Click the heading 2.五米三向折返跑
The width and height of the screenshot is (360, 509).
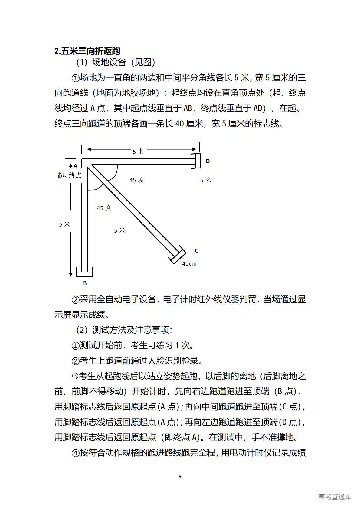[87, 51]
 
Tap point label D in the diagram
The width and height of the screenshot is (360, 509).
[208, 161]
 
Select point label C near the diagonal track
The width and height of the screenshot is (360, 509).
[196, 250]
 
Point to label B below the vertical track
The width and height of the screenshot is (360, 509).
[85, 283]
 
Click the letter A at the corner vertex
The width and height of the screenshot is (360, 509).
[76, 166]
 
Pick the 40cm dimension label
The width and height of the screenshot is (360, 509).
[189, 264]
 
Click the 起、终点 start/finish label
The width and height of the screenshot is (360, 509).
[70, 175]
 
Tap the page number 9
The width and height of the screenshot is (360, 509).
[180, 476]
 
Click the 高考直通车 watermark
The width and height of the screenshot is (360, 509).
[335, 497]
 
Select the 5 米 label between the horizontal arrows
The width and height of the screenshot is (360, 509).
[138, 151]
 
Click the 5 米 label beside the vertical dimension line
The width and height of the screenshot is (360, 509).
[64, 224]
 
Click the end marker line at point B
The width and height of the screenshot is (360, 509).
[84, 272]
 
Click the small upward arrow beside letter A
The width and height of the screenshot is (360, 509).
[71, 166]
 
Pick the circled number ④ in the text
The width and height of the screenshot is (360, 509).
[75, 453]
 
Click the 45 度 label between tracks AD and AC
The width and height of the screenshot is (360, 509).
[137, 180]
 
